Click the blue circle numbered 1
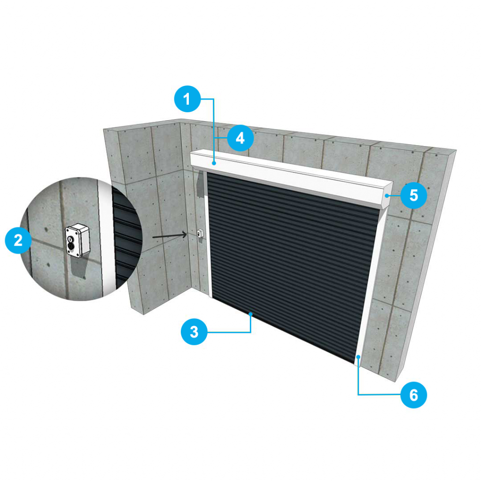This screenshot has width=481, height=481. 187,99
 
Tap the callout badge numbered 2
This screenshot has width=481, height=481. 18,240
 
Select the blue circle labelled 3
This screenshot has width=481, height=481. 194,332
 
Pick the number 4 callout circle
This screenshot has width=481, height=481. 240,138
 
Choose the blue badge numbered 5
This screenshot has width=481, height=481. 413,195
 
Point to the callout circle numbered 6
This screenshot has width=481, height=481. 413,395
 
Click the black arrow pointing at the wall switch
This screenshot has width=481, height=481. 170,236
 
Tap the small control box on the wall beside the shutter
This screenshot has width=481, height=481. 200,234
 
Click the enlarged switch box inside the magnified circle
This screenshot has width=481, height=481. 78,240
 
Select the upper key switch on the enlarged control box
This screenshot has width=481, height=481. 70,239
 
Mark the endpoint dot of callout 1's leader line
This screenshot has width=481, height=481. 214,163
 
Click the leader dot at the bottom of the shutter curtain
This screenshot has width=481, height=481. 251,314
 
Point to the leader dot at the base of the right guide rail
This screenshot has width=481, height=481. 358,357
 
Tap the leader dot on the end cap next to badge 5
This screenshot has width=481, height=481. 387,195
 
